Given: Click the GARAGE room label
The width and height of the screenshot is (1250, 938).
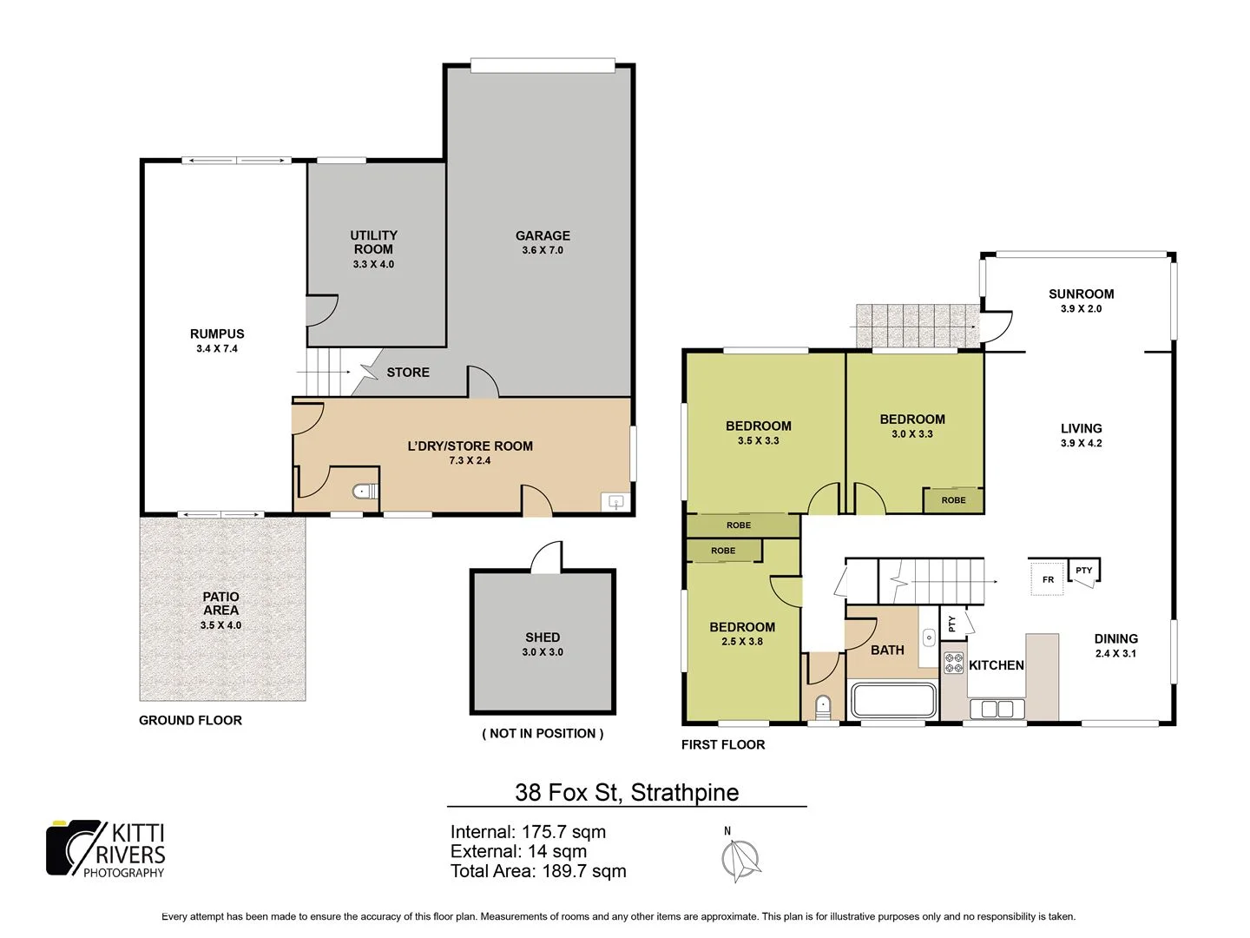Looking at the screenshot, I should click(543, 235).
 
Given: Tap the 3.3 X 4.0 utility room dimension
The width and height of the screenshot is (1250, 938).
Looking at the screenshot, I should click(373, 264).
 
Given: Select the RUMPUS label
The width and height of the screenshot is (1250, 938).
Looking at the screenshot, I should click(217, 334).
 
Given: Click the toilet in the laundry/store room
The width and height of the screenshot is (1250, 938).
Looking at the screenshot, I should click(365, 492).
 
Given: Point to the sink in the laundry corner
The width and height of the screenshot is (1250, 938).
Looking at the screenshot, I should click(615, 502).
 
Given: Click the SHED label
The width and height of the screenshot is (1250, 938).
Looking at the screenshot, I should click(543, 637).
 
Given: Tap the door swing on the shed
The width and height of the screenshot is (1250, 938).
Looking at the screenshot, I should click(548, 557).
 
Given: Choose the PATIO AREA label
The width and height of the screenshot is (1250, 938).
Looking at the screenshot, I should click(220, 603).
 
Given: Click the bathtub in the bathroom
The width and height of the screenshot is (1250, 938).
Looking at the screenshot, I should click(893, 700).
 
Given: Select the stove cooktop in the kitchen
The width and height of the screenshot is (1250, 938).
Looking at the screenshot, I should click(954, 663).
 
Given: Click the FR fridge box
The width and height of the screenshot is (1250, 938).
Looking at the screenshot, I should click(1048, 579).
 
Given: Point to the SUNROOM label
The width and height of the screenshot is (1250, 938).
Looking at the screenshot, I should click(1081, 294).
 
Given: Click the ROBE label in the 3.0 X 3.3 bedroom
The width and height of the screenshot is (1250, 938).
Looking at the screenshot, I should click(953, 500).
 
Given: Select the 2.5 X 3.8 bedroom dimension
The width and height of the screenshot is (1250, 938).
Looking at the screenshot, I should click(742, 642).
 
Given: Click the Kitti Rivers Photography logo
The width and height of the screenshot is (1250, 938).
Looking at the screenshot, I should click(106, 849).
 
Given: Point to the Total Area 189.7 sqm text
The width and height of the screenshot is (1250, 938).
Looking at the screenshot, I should click(537, 871).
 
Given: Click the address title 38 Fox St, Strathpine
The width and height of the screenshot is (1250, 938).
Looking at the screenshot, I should click(627, 792).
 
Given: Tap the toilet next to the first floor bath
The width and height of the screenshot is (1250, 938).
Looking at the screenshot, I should click(824, 704).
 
